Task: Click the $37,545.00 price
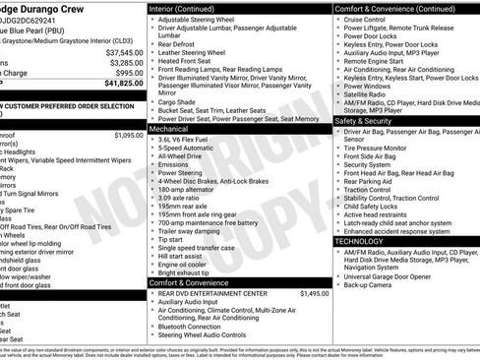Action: [123, 51]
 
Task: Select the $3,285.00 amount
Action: [124, 62]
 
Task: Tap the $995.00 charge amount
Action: [128, 73]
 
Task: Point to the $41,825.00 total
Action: [123, 84]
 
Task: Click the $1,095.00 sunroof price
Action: [128, 135]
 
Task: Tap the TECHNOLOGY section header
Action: [359, 241]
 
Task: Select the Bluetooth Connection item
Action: [199, 326]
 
